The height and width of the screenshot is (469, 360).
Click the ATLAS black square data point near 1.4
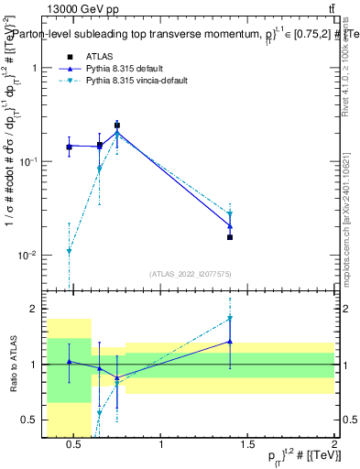(230, 237)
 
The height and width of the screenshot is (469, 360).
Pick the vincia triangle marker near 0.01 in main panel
(69, 251)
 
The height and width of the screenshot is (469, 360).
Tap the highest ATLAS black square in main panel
(116, 125)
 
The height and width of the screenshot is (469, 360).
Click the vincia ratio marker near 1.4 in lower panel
(230, 319)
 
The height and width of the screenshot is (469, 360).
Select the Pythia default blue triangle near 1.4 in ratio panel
(230, 342)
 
